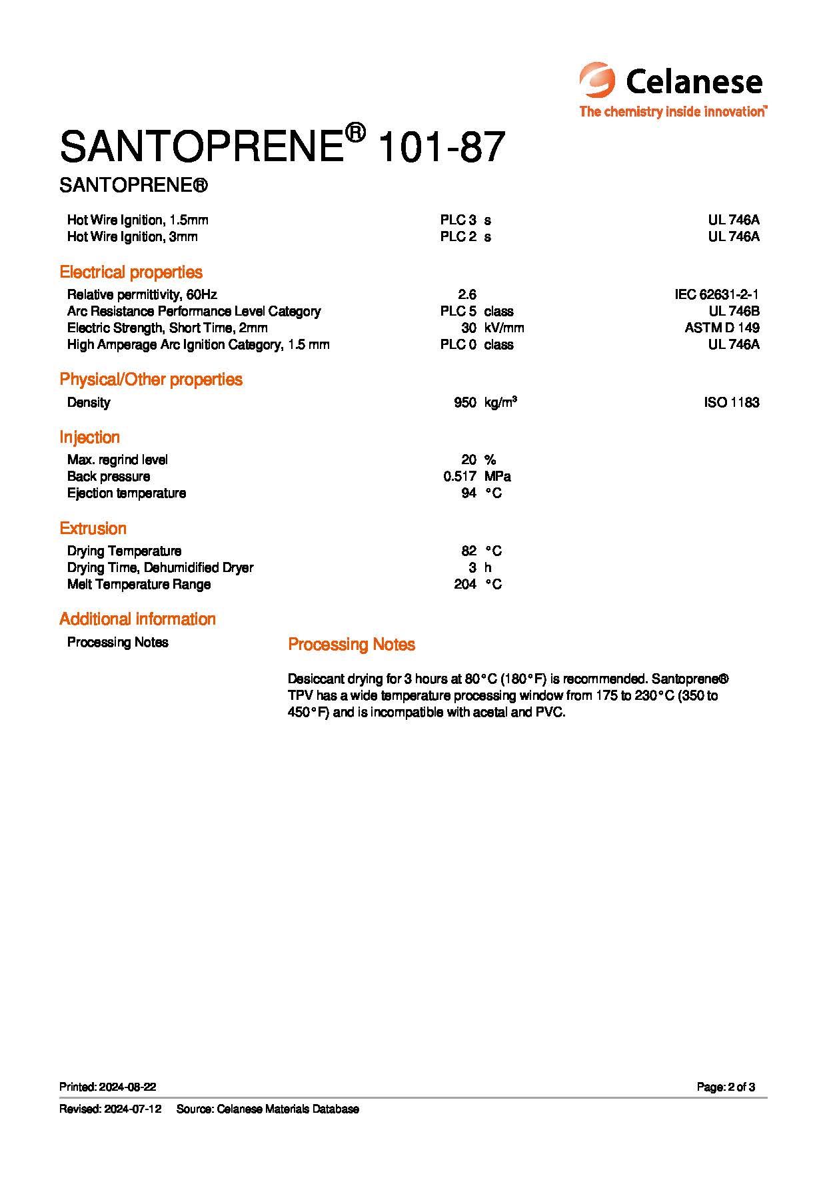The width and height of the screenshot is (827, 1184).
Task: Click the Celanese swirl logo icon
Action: click(597, 81)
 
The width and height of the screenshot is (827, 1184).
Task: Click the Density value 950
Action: click(464, 402)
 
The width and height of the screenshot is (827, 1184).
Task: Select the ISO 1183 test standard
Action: click(731, 402)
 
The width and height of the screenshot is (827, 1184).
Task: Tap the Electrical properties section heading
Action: click(131, 272)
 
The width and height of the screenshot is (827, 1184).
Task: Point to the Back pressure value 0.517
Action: click(459, 476)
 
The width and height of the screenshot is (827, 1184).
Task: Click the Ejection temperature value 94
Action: click(468, 493)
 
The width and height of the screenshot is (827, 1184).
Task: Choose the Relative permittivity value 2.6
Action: click(467, 294)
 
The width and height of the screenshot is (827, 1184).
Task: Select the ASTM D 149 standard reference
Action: click(722, 328)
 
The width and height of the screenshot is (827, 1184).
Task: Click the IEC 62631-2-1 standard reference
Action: click(716, 294)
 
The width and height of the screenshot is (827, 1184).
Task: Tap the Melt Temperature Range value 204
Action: click(464, 584)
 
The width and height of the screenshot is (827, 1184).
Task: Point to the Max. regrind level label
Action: click(117, 459)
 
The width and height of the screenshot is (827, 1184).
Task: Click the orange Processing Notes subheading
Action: click(351, 645)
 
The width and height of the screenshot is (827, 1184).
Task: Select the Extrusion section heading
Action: click(93, 529)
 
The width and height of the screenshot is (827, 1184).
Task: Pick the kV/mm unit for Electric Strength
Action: click(504, 328)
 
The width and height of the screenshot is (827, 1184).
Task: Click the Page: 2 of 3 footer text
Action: click(726, 1087)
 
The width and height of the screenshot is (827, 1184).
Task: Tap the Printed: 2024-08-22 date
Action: click(108, 1087)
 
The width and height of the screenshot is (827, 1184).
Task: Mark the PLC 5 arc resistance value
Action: click(458, 311)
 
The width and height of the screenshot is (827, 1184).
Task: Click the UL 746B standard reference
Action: click(734, 311)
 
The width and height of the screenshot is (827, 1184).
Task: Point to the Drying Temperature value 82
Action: click(468, 551)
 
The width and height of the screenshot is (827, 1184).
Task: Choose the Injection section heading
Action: click(89, 438)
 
